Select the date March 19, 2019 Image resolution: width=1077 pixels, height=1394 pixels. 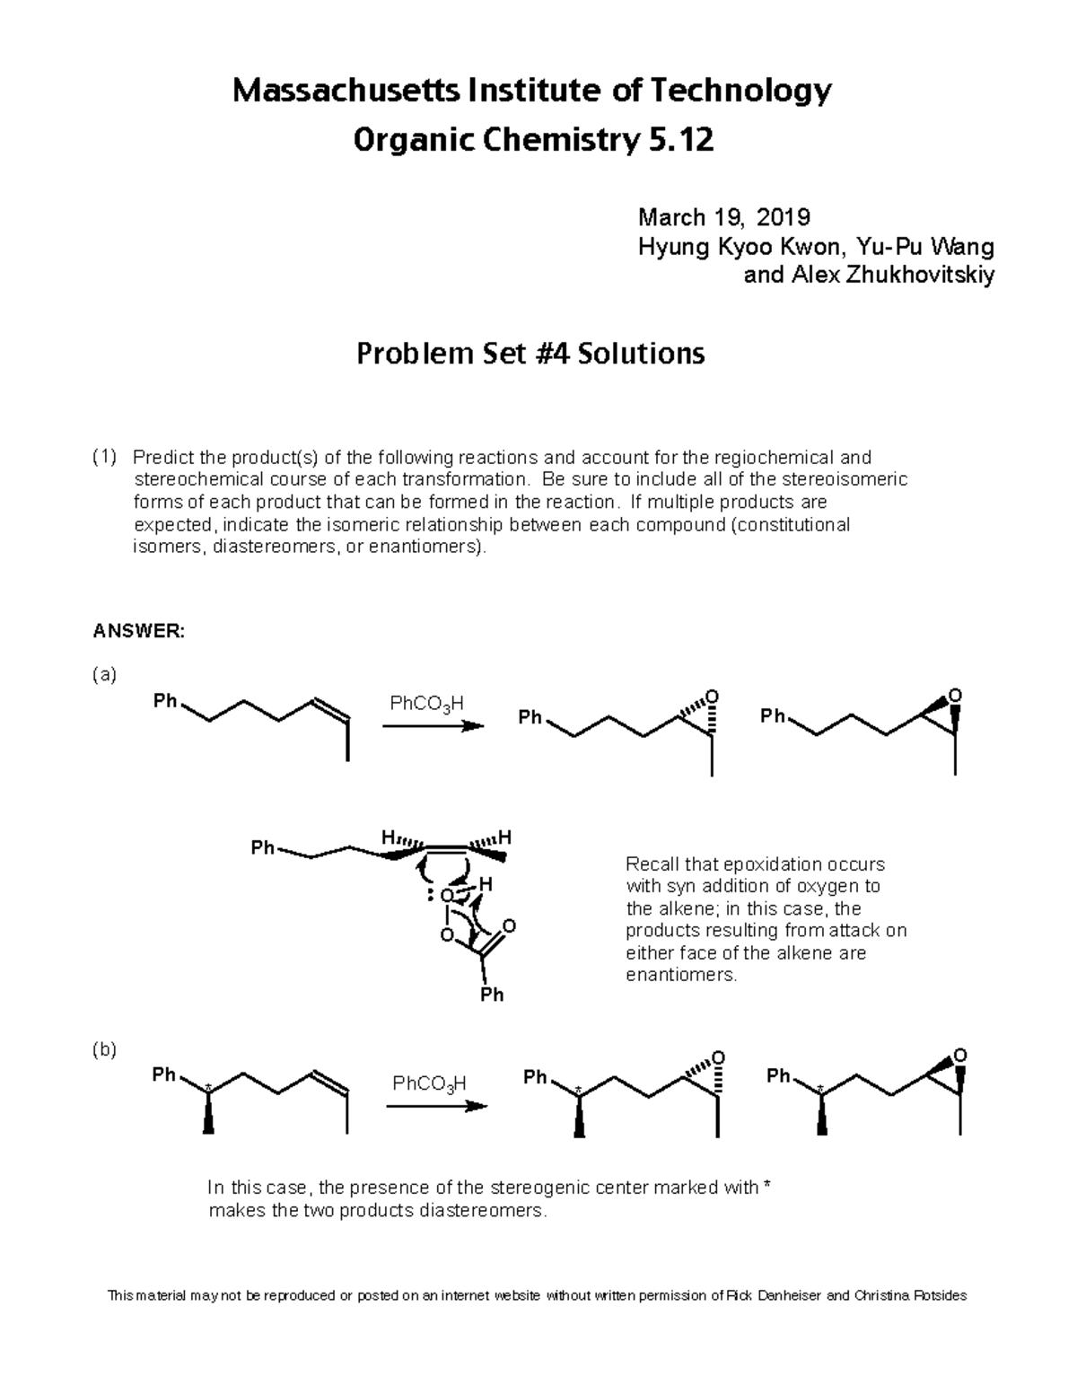click(x=723, y=217)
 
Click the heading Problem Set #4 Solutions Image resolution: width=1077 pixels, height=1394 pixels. click(x=530, y=354)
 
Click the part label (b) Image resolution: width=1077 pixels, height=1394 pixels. click(x=105, y=1049)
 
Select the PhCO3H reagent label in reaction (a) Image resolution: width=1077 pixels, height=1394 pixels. click(x=427, y=703)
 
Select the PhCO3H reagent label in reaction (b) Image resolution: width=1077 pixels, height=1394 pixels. click(x=430, y=1083)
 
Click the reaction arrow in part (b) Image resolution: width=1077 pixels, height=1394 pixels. click(x=437, y=1106)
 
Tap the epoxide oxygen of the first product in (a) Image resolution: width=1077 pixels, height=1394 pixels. click(x=713, y=697)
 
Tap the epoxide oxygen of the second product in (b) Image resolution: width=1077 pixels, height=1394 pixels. click(x=960, y=1055)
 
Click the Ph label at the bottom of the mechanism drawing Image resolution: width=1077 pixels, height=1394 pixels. click(x=492, y=995)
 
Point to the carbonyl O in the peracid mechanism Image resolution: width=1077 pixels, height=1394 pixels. click(x=510, y=925)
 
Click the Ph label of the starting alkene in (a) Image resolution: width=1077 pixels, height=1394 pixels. click(x=165, y=701)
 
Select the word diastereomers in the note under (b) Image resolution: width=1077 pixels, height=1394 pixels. click(x=486, y=1211)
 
